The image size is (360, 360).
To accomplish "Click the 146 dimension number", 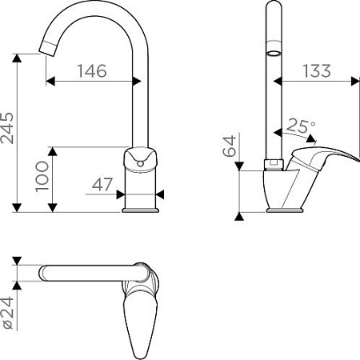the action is tap(92, 71).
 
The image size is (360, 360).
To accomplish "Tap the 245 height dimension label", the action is tap(7, 128).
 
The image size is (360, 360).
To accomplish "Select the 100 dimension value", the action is tap(42, 176).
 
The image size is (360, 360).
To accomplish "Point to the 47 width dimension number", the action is tap(102, 184).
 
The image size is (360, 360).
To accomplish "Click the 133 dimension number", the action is tap(317, 71).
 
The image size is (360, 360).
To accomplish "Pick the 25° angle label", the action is tap(302, 126).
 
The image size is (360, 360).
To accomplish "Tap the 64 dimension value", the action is tap(230, 146).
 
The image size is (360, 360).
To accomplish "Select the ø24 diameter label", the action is tap(7, 313).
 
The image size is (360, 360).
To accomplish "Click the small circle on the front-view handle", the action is tap(140, 163).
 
